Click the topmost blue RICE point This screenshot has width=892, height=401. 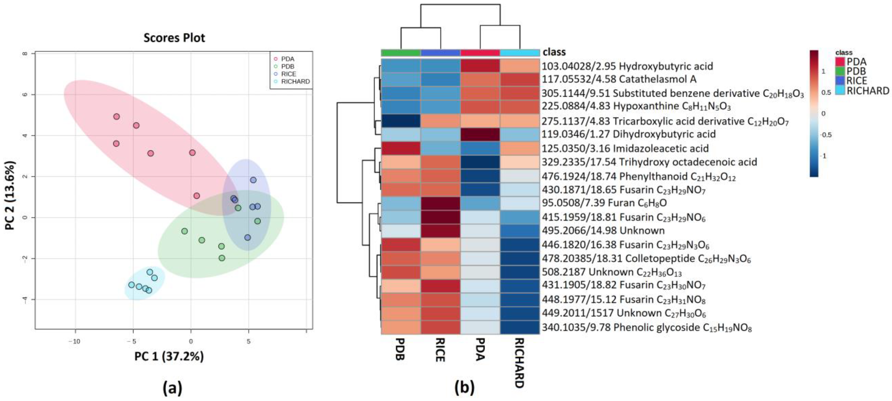point(253,180)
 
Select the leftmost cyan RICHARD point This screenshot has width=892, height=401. point(131,285)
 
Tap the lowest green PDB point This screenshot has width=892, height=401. point(222,258)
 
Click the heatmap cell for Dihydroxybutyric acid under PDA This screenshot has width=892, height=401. point(480,134)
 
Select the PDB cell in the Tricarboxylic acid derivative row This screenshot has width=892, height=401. point(401,121)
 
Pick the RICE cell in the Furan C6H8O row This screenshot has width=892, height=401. point(441,203)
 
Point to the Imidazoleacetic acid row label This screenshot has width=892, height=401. point(625,148)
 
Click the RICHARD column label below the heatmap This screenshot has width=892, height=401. point(519,362)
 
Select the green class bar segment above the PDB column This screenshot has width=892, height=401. point(401,53)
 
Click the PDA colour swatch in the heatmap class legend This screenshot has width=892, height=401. point(840,62)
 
